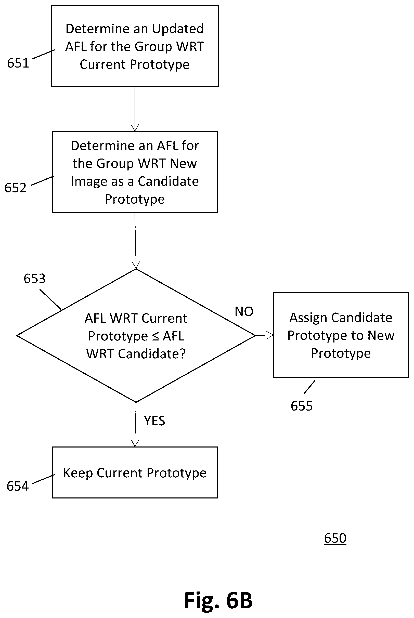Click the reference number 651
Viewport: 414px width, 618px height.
[18, 63]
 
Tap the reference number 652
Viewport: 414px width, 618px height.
[16, 188]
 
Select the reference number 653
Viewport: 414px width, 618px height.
[35, 278]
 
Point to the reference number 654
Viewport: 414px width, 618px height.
[17, 486]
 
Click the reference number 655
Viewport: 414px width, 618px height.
[302, 406]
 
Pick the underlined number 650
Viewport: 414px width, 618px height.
[335, 538]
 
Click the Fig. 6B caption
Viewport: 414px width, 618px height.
[218, 600]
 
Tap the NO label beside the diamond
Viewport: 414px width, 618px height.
[244, 311]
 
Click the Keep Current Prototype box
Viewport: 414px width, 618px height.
[135, 472]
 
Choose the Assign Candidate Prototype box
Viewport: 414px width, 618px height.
[341, 335]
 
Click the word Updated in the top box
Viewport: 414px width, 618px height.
[178, 29]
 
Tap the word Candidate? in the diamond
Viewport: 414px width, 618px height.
[152, 354]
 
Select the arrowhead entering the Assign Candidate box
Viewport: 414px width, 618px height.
[270, 335]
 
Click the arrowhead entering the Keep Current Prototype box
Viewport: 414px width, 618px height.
[135, 443]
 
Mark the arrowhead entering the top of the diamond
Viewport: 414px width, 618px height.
[136, 265]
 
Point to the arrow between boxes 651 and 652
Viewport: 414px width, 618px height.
[135, 109]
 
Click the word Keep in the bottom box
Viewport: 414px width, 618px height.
[78, 473]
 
